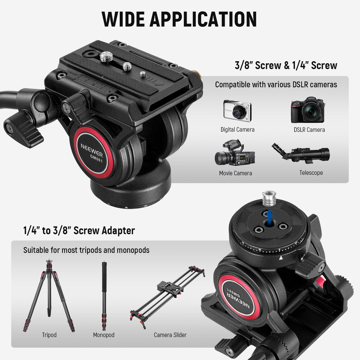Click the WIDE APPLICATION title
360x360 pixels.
[179, 19]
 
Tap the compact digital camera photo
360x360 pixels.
[237, 111]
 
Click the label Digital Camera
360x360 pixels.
[237, 130]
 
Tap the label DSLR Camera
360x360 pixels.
[309, 130]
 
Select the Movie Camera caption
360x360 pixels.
[235, 173]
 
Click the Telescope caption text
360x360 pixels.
[311, 173]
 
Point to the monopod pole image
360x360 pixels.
[104, 295]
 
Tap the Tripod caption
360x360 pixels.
[49, 335]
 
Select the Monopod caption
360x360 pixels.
[104, 335]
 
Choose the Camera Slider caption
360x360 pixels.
[170, 335]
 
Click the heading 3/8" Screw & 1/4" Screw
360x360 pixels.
[286, 65]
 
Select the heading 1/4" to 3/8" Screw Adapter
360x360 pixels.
[79, 230]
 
